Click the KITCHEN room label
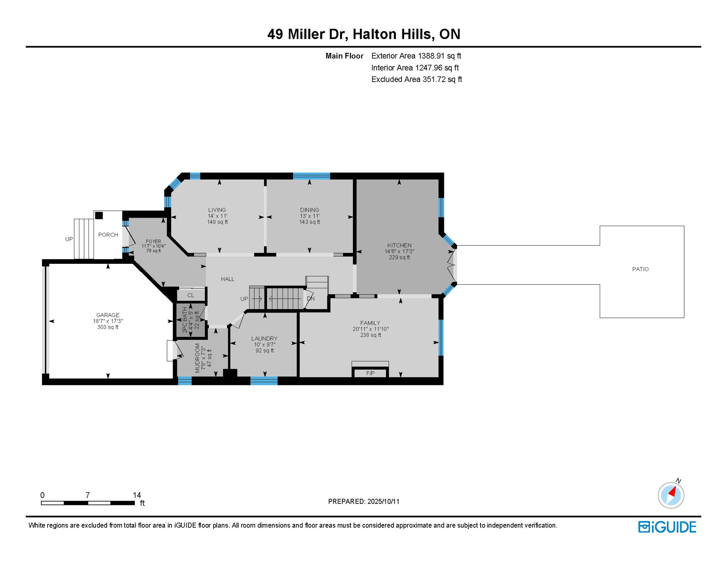(399, 245)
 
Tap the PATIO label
(640, 269)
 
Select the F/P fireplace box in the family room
(370, 373)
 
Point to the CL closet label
(191, 295)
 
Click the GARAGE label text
(108, 315)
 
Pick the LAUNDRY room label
(264, 338)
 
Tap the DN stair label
(311, 299)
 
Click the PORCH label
(108, 235)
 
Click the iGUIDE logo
(667, 527)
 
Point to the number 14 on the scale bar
(137, 495)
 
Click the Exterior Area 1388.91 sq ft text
(416, 56)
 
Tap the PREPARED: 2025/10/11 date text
(364, 501)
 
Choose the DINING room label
(310, 210)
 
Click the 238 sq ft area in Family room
(370, 335)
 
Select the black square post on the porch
(99, 216)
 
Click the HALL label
(227, 279)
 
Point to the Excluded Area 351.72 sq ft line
(417, 79)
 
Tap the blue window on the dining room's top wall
(312, 176)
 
